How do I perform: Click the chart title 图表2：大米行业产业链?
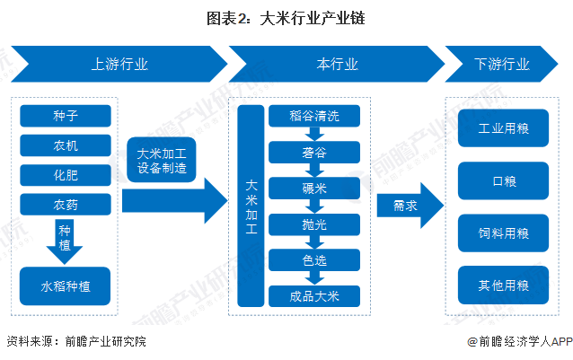click(x=286, y=16)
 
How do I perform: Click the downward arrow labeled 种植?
click(x=65, y=239)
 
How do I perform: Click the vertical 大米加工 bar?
click(x=251, y=206)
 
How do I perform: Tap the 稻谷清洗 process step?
click(x=313, y=115)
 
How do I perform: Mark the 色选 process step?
click(x=313, y=259)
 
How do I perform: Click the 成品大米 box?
click(x=313, y=295)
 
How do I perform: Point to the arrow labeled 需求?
click(x=407, y=206)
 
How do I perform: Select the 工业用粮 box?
click(x=503, y=128)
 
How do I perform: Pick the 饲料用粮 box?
click(x=503, y=233)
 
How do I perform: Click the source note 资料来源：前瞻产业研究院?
click(x=75, y=342)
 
